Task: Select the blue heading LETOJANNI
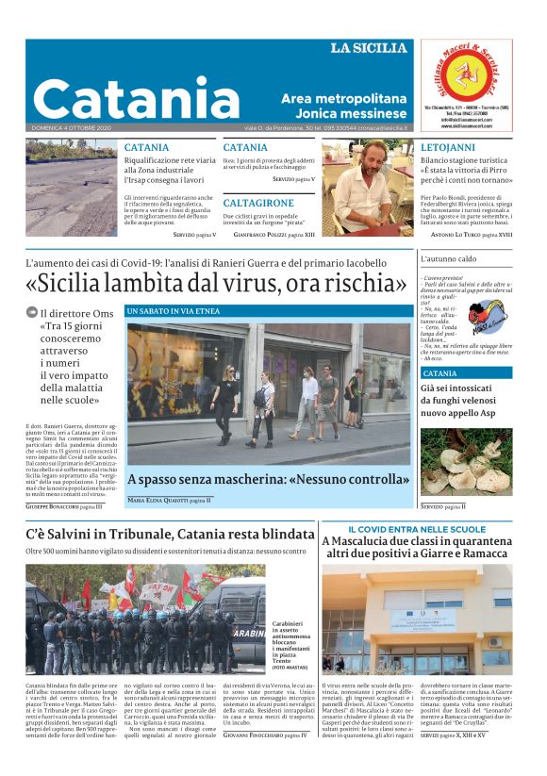(x=448, y=148)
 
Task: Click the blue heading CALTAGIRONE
(x=258, y=203)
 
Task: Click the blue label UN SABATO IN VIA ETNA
(x=173, y=310)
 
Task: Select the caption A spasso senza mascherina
(x=268, y=479)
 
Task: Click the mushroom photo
(x=466, y=461)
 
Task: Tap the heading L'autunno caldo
(x=449, y=258)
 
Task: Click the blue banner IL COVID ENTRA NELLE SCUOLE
(x=417, y=529)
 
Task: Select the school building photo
(x=417, y=619)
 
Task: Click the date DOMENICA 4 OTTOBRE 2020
(x=71, y=127)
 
